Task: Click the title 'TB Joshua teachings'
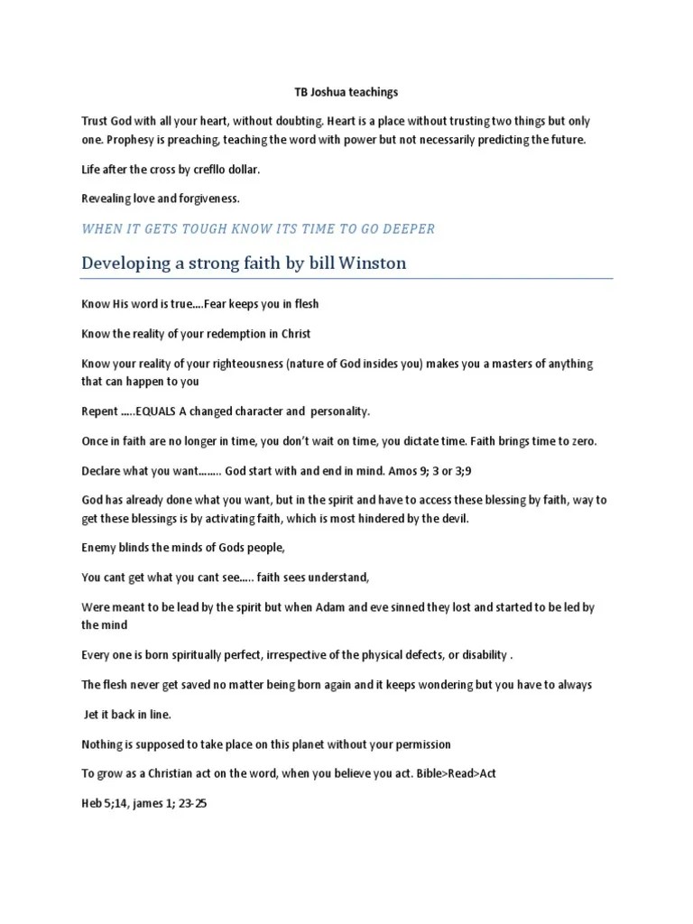pos(346,92)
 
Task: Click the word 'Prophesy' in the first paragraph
pos(132,140)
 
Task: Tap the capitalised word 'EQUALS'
pos(160,411)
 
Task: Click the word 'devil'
pos(455,518)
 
